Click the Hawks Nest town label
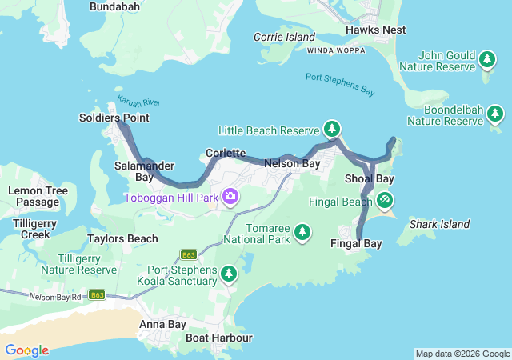pos(375,30)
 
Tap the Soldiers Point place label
pos(114,118)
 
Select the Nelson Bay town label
pos(292,163)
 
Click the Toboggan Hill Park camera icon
pos(230,196)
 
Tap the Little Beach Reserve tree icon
pos(332,129)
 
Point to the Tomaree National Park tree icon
pos(302,232)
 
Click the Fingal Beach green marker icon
pos(386,199)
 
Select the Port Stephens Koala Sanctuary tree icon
pos(229,274)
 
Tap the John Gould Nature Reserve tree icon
pos(486,59)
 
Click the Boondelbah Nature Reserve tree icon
pos(495,114)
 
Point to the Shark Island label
pos(439,224)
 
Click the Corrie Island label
pos(284,37)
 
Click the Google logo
pos(26,350)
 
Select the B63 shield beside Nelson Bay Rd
pos(97,294)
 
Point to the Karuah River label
pos(139,102)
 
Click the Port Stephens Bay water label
pos(339,83)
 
